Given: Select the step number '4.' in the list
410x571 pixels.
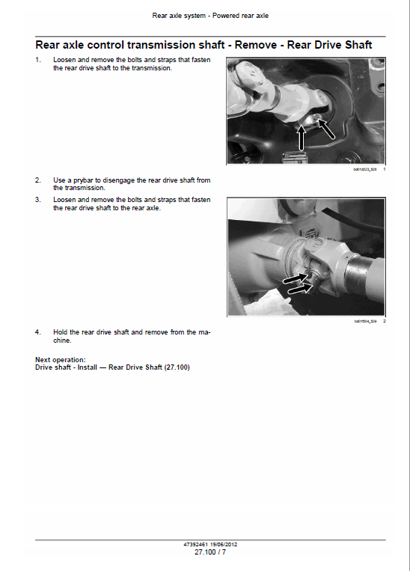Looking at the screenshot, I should (x=38, y=332).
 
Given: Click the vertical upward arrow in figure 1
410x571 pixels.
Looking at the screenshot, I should (x=302, y=138).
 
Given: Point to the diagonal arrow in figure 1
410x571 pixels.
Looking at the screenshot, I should (x=326, y=128).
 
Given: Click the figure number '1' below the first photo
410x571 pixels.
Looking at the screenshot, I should (x=383, y=170).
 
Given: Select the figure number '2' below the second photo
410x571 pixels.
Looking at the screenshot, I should (x=383, y=321).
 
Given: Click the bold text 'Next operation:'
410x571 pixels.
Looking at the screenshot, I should (x=61, y=359).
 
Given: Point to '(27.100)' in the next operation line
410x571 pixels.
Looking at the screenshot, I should (x=175, y=367).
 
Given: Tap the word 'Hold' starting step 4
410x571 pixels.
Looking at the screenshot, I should (x=61, y=332).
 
